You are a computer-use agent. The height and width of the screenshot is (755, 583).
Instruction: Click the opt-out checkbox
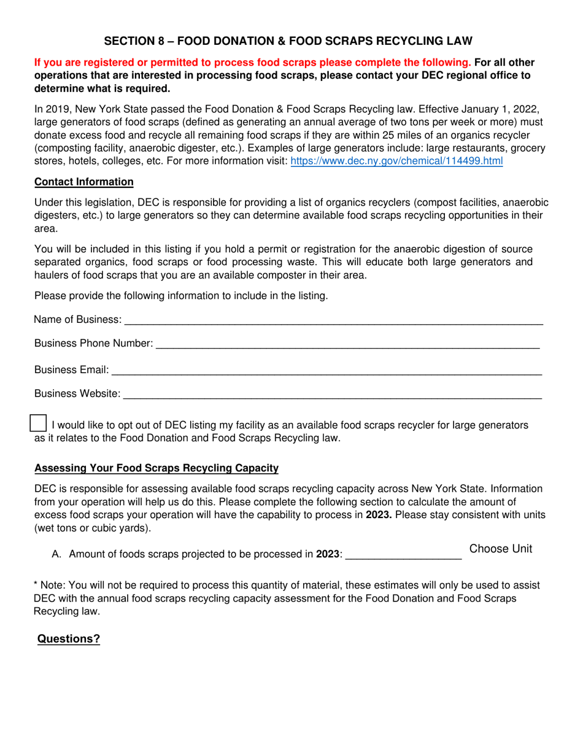(x=39, y=423)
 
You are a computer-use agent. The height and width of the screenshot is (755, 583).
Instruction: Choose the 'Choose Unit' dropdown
(x=501, y=549)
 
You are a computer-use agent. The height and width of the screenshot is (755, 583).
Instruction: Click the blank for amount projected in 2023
(x=403, y=554)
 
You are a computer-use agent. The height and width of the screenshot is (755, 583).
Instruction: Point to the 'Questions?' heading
(x=69, y=639)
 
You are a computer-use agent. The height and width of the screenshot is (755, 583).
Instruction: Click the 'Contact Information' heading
(x=84, y=182)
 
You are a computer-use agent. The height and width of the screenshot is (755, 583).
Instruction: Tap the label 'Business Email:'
(x=72, y=370)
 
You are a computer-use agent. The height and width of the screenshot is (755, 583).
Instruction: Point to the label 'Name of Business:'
(x=78, y=320)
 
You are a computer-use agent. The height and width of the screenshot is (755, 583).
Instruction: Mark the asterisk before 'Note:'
(x=36, y=586)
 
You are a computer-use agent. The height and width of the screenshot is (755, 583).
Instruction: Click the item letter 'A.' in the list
(x=57, y=554)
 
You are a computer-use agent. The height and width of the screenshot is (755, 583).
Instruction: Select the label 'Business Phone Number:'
(x=94, y=344)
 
